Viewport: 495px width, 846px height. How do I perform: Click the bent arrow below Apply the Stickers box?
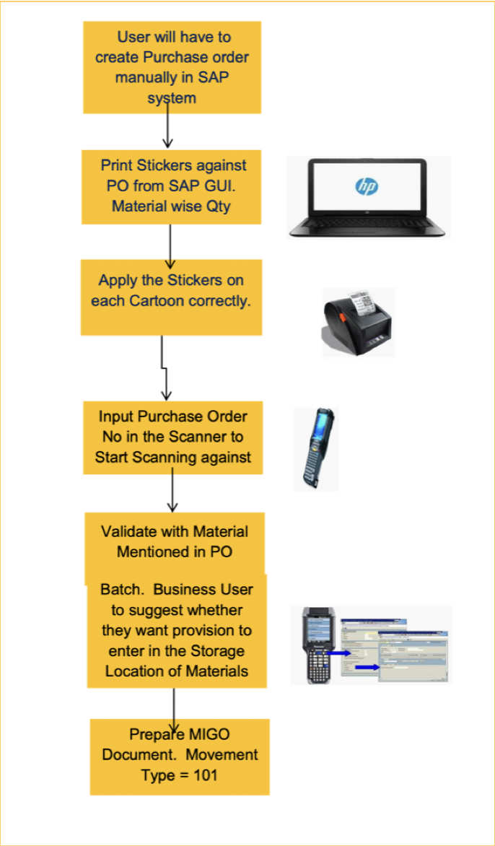tap(165, 368)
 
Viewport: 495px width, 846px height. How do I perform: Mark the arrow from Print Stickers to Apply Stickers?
tap(170, 242)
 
